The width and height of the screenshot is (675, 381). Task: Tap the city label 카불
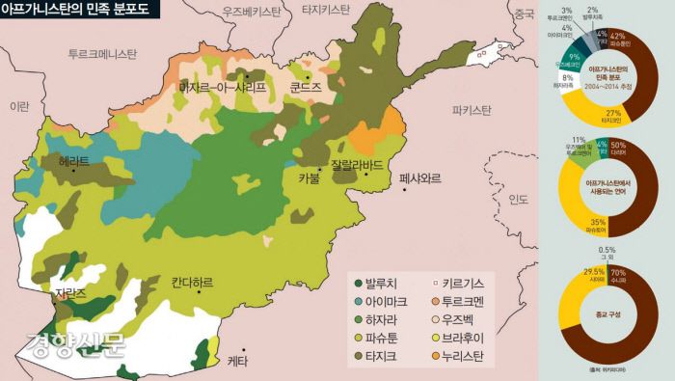pyautogui.click(x=309, y=177)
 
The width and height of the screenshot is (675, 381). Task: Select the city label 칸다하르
pyautogui.click(x=192, y=283)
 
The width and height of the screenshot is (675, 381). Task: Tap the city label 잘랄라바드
pyautogui.click(x=357, y=163)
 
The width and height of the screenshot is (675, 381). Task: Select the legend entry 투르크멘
pyautogui.click(x=464, y=302)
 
